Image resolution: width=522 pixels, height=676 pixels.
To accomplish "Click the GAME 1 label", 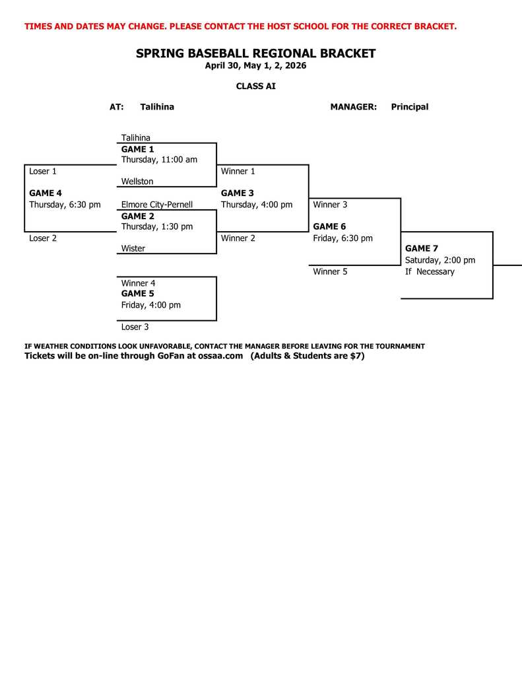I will coord(137,149).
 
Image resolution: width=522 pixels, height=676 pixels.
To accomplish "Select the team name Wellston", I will coord(137,182).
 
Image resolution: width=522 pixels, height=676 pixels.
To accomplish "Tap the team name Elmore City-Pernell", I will coord(157,205).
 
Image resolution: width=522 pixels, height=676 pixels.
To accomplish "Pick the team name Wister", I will coord(133,249).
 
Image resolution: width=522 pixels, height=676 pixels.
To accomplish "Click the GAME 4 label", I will coord(46,193).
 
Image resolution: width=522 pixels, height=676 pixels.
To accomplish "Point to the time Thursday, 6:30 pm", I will coord(65,205).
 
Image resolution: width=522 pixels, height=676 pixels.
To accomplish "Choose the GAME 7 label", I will coord(422,249).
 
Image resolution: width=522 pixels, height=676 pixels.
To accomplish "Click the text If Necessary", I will coord(430,271).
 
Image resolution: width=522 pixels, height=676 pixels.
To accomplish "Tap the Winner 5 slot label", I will coord(330,271).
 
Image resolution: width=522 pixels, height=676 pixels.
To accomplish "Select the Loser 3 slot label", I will coord(135,327).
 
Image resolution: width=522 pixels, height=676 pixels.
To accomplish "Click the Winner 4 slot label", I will coord(138,283).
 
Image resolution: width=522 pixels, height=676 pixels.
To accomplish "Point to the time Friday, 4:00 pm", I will coord(150,305).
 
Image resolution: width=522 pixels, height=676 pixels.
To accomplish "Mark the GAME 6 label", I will coord(329,226).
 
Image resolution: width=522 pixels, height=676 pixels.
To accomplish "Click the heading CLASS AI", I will coord(256,86).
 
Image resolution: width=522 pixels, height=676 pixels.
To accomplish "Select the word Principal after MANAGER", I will coord(409,107).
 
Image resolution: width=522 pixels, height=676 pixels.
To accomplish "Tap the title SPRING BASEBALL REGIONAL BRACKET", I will coord(255,53).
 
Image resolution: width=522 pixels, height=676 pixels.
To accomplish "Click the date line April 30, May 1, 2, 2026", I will coord(255,66).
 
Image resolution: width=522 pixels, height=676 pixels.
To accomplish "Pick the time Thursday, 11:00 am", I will coord(159,160).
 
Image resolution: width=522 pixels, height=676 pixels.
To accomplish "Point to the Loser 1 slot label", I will coord(43,171).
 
